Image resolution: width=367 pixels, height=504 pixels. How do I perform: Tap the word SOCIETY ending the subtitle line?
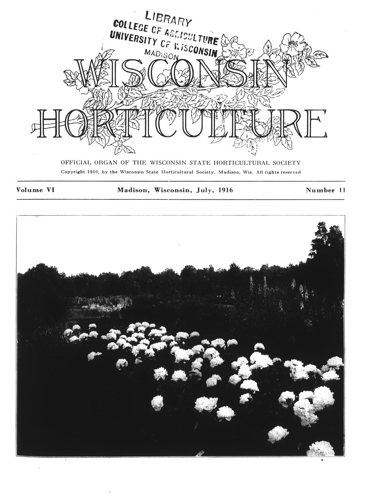click(x=287, y=162)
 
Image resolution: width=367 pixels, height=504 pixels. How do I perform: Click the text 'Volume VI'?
click(x=35, y=190)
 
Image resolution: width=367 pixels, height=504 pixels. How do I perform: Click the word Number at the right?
click(x=320, y=190)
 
